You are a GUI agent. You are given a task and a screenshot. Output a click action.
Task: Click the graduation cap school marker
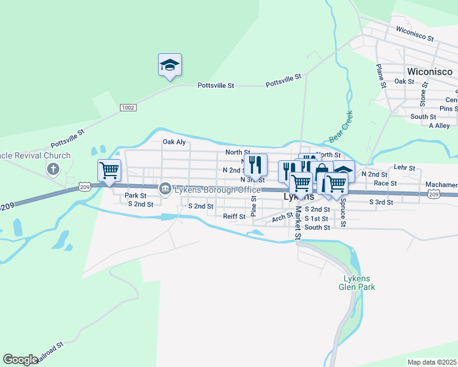point(170,65)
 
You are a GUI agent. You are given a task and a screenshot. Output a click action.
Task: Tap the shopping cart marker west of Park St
point(109,170)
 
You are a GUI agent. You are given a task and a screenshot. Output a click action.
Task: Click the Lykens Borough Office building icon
point(164,190)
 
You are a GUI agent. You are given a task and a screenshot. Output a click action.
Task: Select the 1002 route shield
point(127,108)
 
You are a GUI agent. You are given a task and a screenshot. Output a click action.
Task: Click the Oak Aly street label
point(174,142)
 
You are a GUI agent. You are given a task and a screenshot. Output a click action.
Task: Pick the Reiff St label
point(234,216)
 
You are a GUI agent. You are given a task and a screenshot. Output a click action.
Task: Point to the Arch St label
point(282,217)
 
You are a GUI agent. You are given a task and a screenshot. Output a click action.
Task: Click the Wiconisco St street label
point(415,33)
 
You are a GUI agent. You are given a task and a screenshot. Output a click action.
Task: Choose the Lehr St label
point(405,167)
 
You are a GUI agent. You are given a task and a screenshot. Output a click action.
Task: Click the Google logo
point(20,360)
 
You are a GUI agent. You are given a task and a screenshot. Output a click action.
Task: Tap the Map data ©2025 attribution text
point(432,362)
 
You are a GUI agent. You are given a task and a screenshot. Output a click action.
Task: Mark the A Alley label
point(439,125)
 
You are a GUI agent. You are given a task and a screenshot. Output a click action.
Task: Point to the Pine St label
point(253,206)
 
